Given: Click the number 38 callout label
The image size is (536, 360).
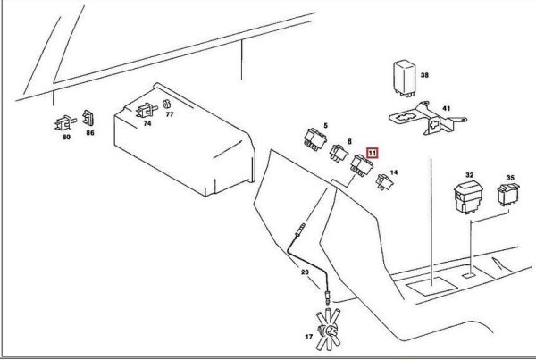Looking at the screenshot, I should point(425,76).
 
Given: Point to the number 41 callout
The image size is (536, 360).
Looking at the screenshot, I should point(446,109).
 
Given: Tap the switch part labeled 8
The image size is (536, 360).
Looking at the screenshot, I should point(337,153).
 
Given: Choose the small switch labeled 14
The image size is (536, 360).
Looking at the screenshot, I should point(385,182).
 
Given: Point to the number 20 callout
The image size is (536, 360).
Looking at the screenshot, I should point(304,272).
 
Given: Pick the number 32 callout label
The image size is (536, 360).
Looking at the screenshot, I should point(469,175).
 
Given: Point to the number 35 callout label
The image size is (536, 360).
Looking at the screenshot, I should point(511,178).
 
